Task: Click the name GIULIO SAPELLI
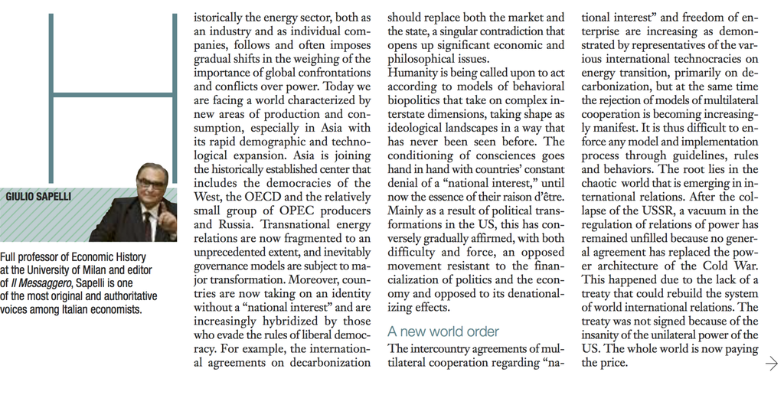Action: point(38,197)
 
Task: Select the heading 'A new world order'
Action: point(443,331)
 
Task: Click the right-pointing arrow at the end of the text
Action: point(771,364)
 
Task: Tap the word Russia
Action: point(234,225)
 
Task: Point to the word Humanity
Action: point(414,73)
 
